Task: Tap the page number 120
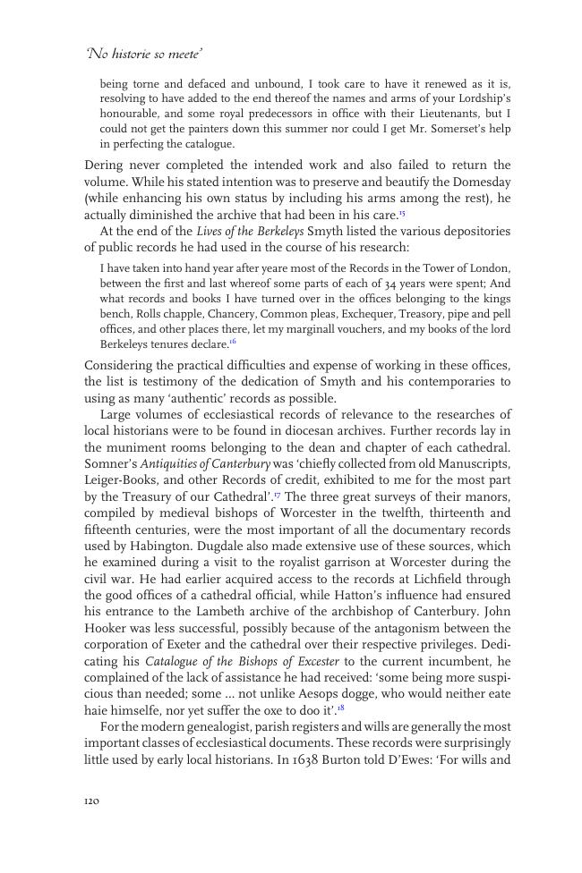[x=91, y=801]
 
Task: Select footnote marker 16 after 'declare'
[x=233, y=340]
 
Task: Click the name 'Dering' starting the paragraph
[x=105, y=165]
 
